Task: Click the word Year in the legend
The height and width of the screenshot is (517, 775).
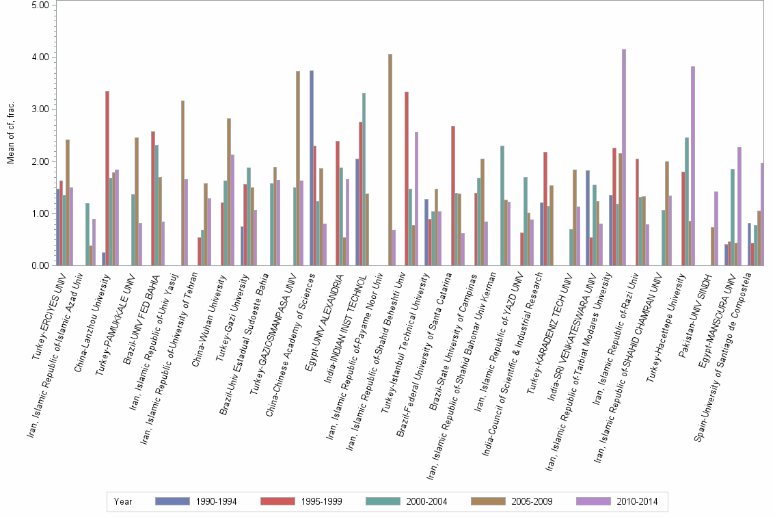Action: [124, 501]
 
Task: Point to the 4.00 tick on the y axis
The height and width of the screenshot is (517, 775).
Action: [39, 57]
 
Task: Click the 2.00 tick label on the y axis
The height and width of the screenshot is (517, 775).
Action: [39, 161]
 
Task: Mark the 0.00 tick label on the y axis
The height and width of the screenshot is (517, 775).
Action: [39, 265]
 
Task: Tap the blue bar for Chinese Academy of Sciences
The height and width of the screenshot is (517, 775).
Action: [312, 168]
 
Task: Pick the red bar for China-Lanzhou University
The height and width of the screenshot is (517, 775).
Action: [107, 178]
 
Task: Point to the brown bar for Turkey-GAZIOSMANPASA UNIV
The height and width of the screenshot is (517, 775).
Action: [298, 168]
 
